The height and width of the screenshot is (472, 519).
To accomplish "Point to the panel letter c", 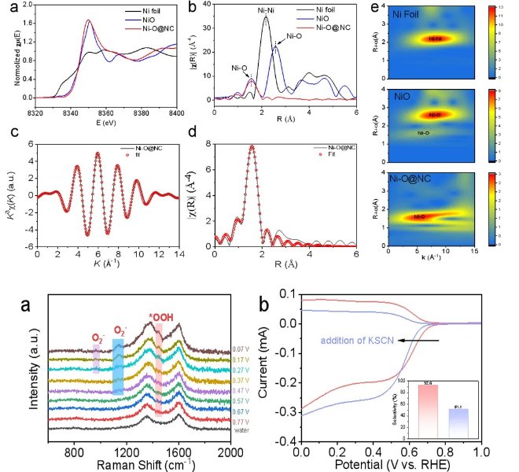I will click(11, 134).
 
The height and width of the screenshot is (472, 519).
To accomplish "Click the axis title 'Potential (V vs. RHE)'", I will click(391, 464).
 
